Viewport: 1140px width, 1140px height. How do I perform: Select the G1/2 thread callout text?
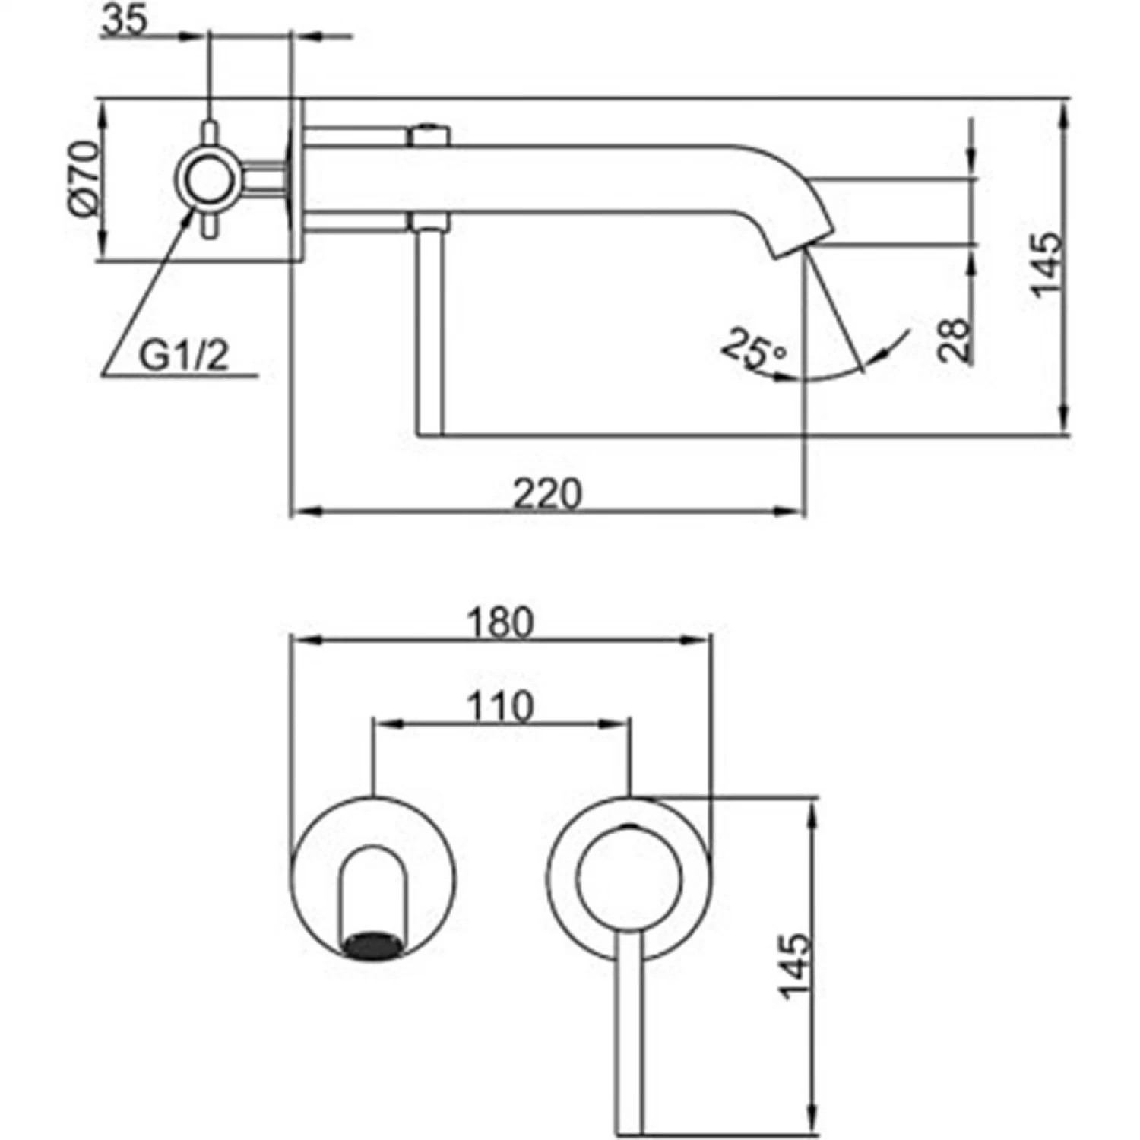tap(183, 356)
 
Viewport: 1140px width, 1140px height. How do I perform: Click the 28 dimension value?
tap(955, 339)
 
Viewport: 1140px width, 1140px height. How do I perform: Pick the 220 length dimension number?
tap(547, 494)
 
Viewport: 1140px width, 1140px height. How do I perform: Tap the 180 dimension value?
tap(500, 624)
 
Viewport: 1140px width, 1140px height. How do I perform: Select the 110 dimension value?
tap(499, 707)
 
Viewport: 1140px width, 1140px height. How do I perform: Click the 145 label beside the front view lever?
tap(794, 965)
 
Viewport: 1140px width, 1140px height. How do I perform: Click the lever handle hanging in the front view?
tap(630, 1034)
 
